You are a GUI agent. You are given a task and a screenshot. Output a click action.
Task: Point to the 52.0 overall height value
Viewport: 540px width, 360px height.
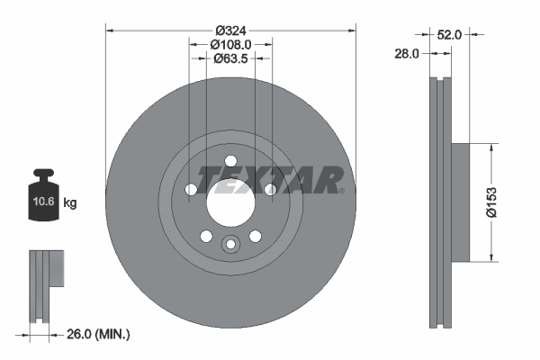pos(449,35)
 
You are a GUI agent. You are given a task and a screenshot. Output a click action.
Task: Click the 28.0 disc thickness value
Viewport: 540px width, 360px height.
pos(408,54)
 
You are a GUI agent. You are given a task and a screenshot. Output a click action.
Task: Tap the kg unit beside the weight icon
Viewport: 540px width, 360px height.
pos(70,203)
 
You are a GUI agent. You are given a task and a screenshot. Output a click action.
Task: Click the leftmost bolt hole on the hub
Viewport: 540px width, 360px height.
pos(191,190)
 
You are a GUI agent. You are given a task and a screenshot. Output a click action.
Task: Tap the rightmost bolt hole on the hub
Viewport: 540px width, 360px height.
pos(270,189)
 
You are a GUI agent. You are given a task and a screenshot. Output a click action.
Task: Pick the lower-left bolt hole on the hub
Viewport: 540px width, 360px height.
pos(206,236)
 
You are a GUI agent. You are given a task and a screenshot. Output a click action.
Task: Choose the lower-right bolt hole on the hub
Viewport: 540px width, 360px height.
pos(256,236)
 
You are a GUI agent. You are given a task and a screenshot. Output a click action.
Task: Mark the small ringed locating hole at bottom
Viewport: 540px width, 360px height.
pos(230,244)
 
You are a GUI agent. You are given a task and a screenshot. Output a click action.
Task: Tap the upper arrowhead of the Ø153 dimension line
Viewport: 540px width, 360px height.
pos(492,148)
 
